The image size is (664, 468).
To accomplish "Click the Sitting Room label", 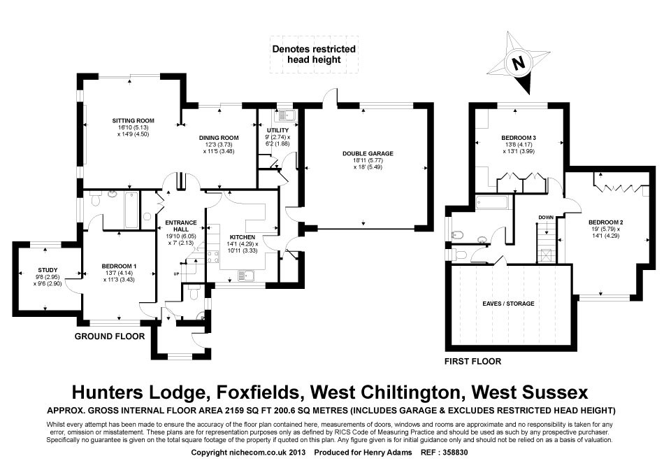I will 133,121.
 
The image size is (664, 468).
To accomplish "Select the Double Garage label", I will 368,153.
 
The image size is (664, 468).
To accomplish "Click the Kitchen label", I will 243,237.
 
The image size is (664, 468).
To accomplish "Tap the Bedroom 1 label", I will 119,266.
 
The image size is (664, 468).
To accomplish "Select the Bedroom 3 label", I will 519,136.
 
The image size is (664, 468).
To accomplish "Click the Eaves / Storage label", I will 507,304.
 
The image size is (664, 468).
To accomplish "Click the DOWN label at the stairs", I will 546,218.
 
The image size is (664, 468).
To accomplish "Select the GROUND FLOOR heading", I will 110,336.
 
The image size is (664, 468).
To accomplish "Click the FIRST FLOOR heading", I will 473,362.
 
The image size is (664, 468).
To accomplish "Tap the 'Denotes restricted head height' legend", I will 314,54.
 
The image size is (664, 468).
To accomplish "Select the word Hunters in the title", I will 115,390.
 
